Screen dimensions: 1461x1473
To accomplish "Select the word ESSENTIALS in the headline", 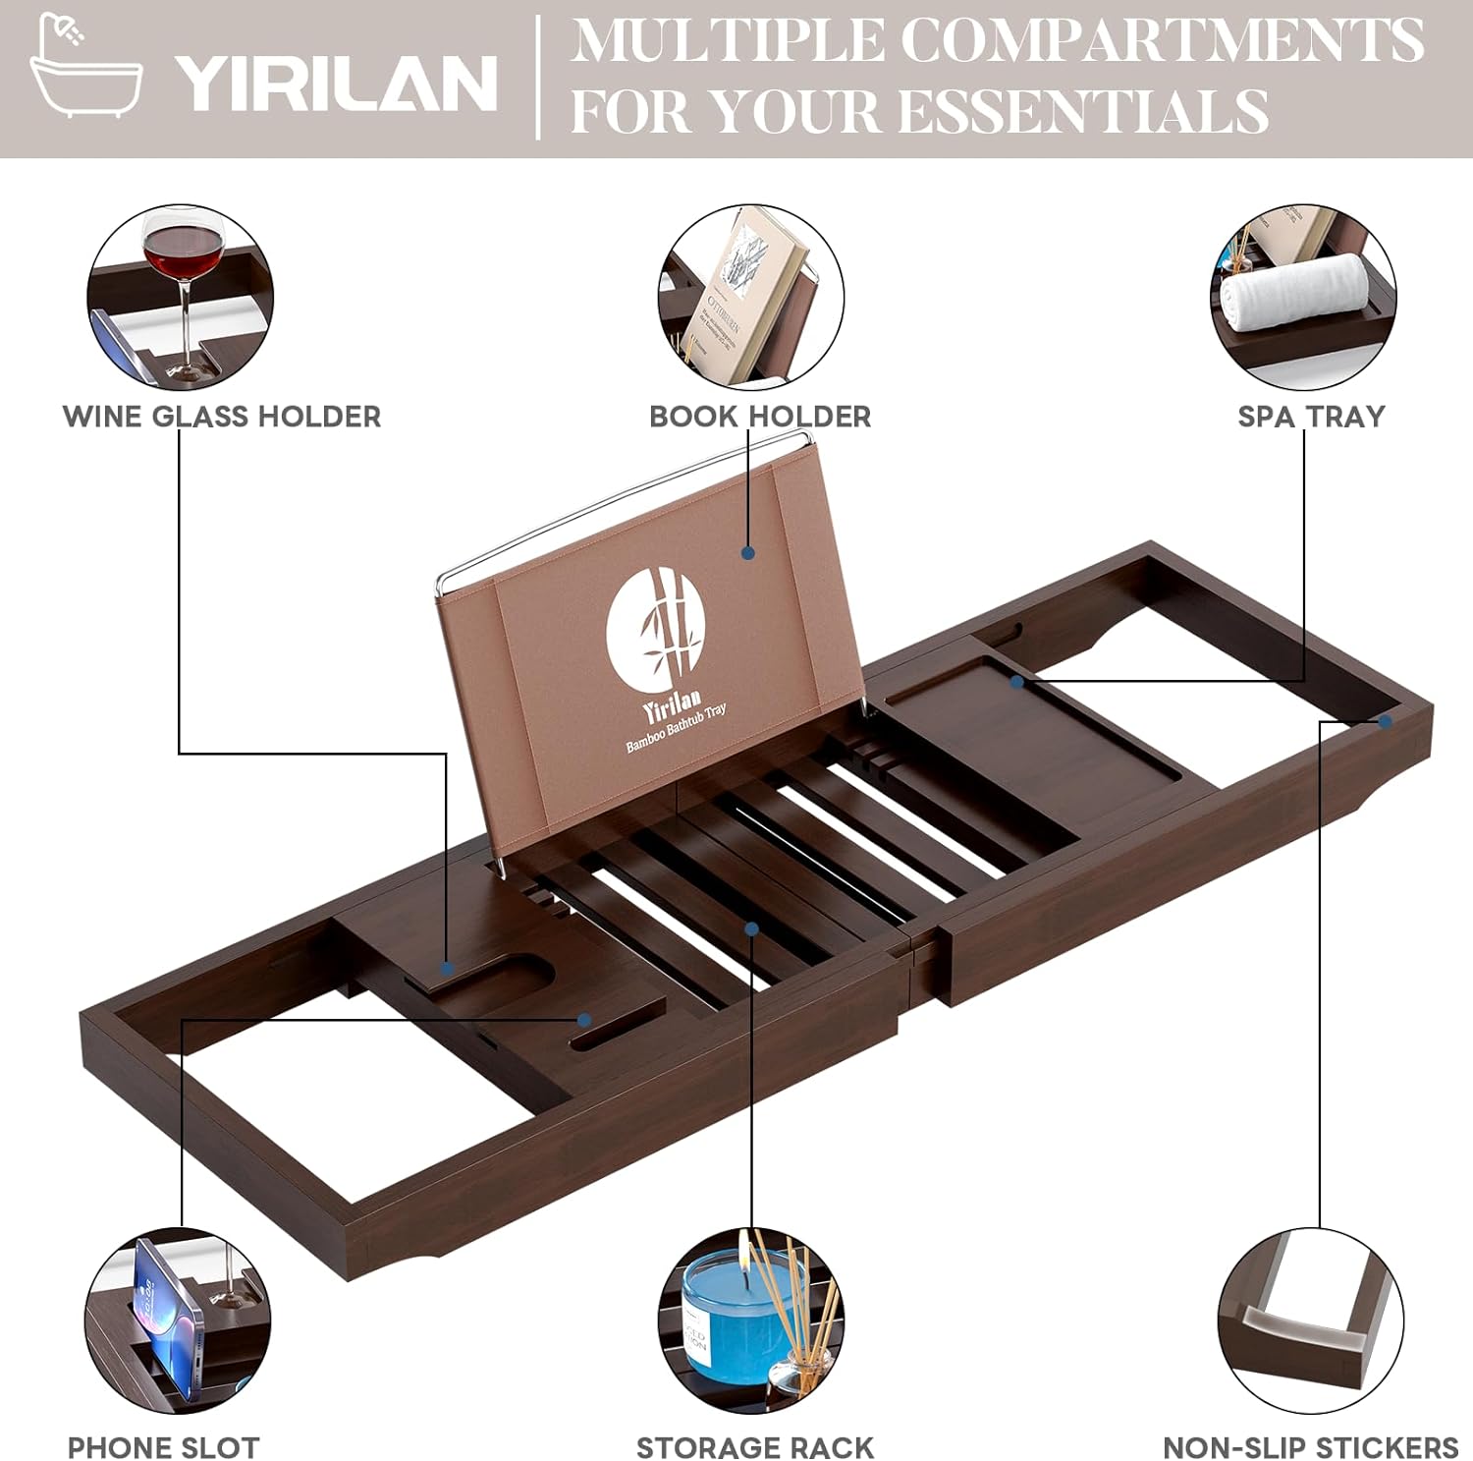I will (x=1084, y=110).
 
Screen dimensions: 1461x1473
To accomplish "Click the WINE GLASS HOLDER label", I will (x=222, y=417).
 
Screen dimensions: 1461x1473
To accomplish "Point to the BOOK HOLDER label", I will (x=760, y=417).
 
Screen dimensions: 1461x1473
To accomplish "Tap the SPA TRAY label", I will (x=1311, y=417).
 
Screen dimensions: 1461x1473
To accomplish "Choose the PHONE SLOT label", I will (x=163, y=1447).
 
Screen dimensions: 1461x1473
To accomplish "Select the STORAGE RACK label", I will (x=754, y=1447).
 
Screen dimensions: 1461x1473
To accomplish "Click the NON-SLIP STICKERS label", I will (x=1310, y=1447).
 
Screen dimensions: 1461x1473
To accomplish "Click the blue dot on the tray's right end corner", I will (x=1385, y=721).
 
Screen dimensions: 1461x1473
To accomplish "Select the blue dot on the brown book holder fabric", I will (x=748, y=553).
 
